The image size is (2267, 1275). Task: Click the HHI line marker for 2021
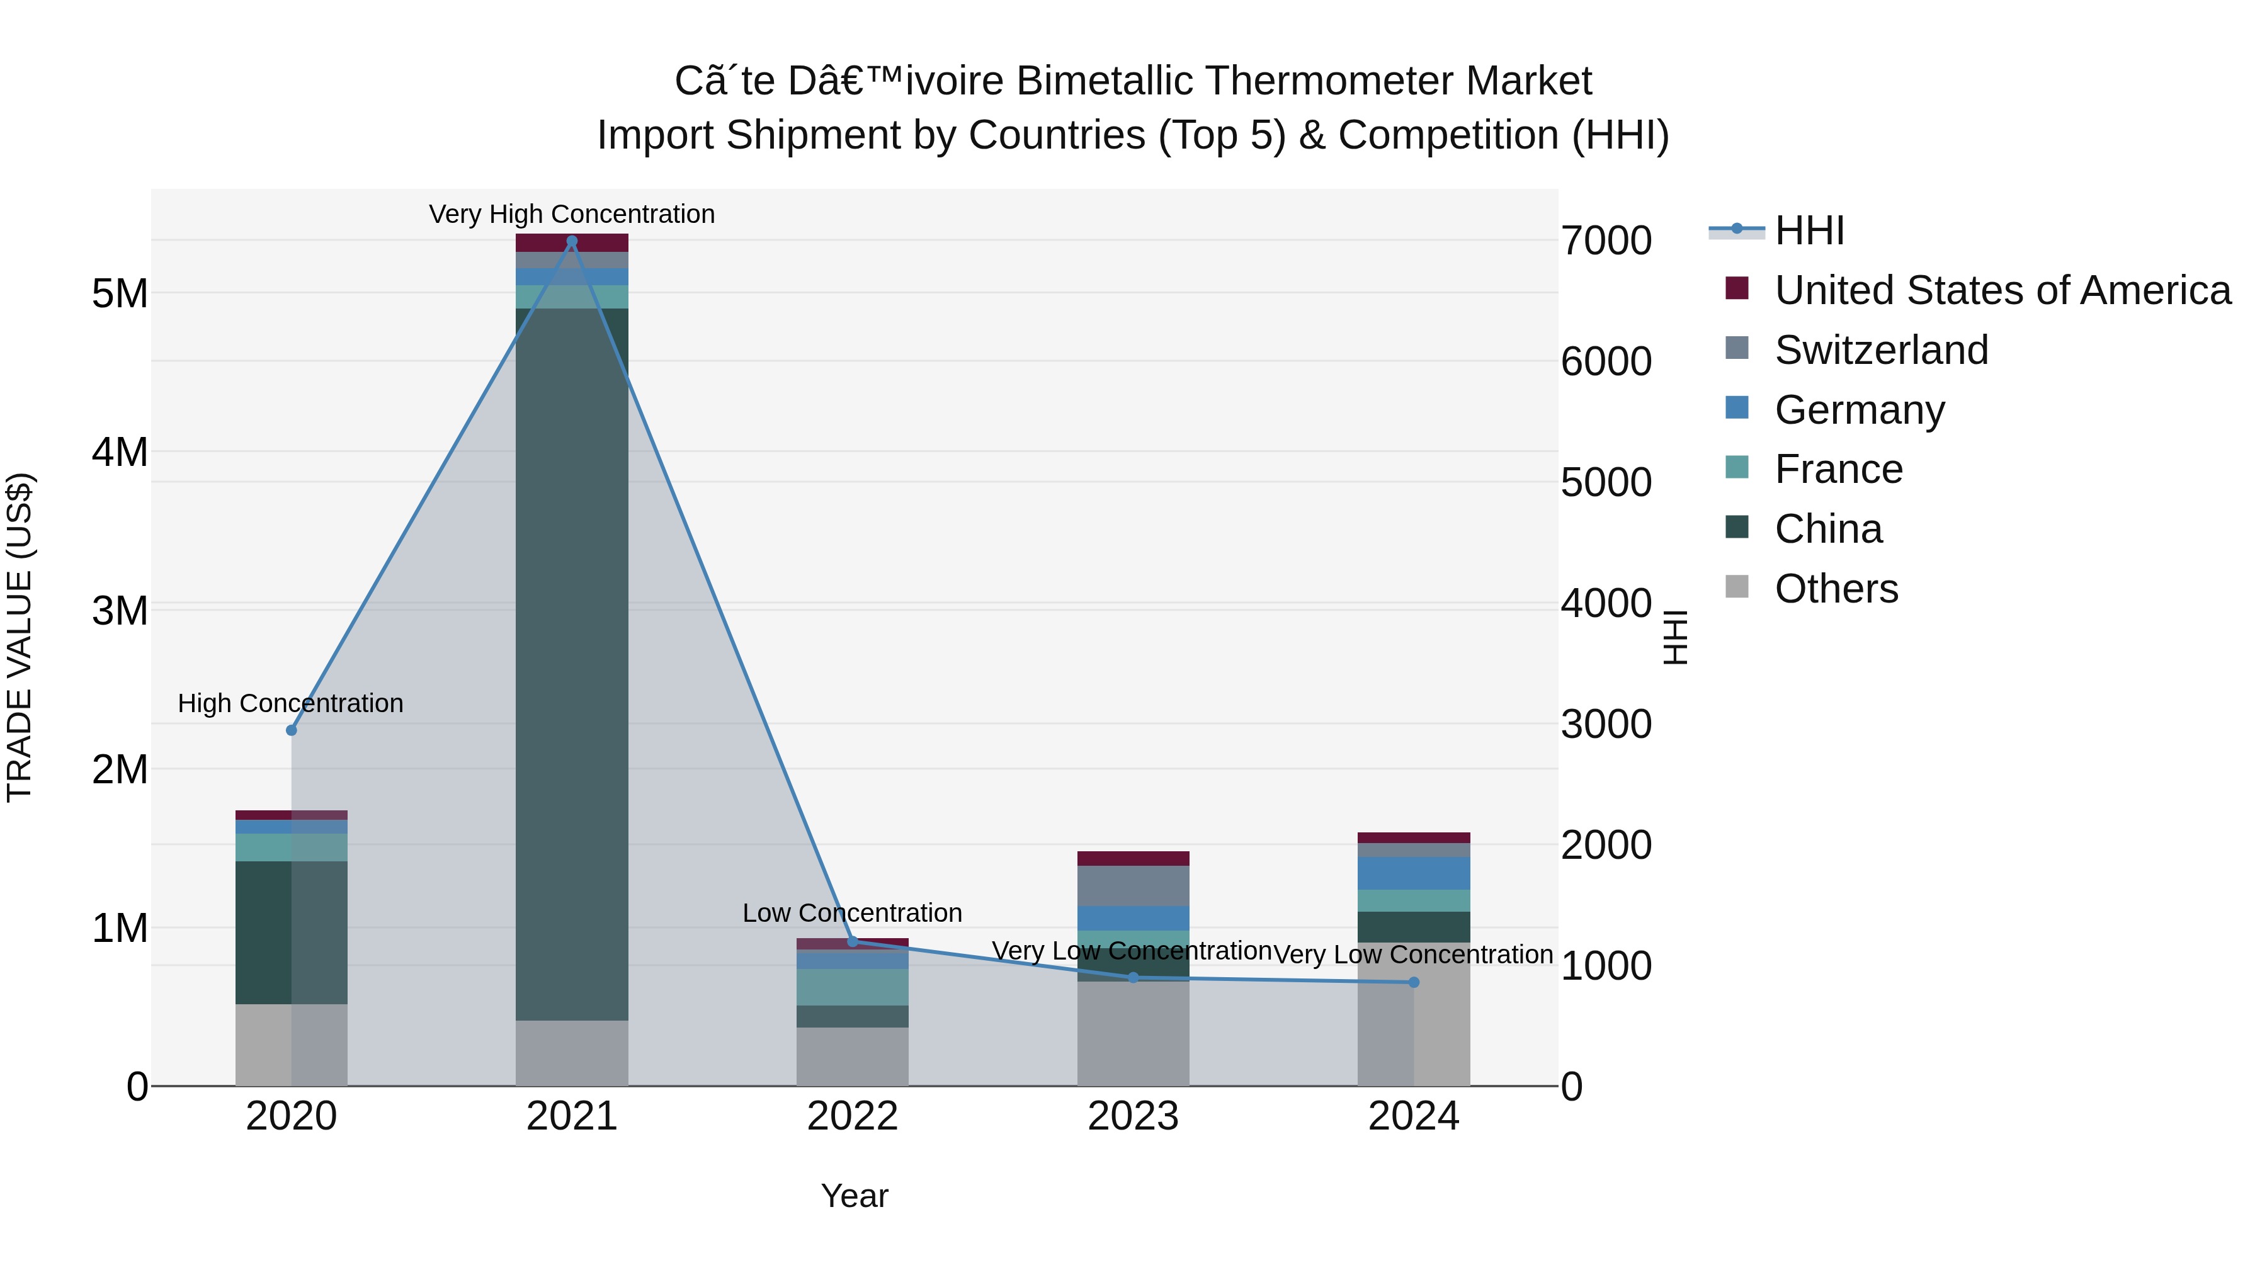pos(572,241)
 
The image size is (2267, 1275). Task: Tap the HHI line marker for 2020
pos(292,730)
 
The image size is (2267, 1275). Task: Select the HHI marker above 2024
pos(1413,982)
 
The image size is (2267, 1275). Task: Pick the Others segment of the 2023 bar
pos(1133,1034)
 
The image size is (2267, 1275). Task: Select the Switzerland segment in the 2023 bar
pos(1133,886)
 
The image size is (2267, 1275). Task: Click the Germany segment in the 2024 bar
pos(1413,873)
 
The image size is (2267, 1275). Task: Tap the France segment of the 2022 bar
pos(852,987)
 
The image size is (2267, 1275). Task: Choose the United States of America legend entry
pos(2002,290)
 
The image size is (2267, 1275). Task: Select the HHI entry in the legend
pos(1809,230)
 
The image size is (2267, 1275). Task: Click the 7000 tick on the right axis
pos(1606,241)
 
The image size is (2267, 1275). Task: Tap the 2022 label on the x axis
pos(852,1116)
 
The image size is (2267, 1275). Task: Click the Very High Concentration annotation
pos(572,214)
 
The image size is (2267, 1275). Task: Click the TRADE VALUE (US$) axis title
pos(20,637)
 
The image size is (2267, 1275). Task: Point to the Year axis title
pos(854,1196)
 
